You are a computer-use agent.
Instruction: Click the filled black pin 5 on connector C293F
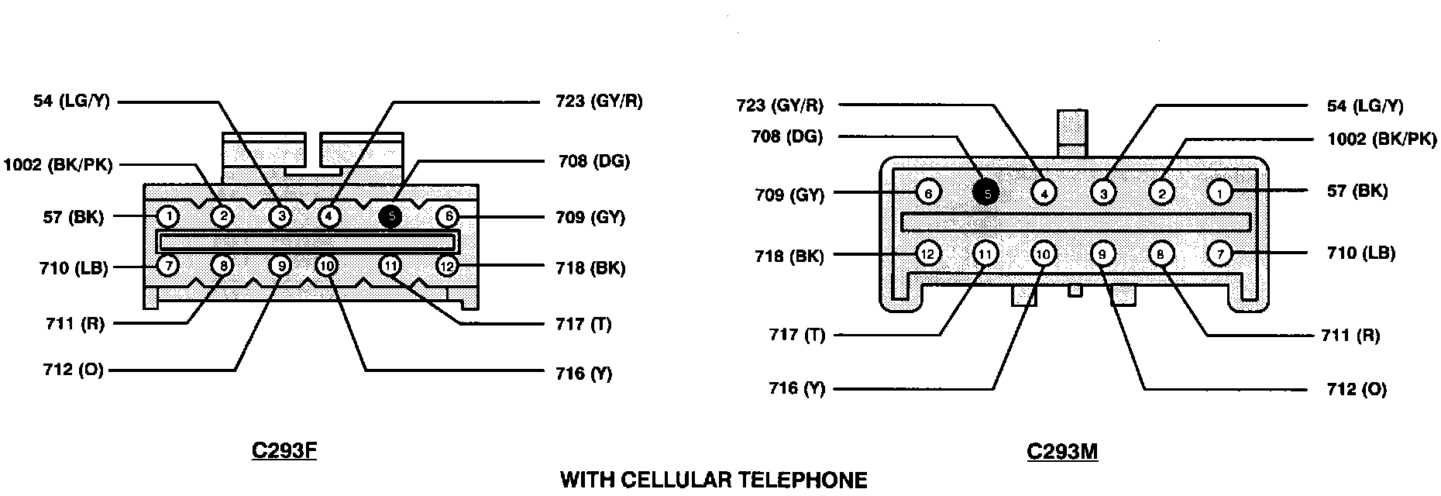click(391, 216)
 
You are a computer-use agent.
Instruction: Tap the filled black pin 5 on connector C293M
click(986, 191)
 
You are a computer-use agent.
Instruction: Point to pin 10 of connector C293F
click(327, 266)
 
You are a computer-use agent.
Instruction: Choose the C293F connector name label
click(284, 451)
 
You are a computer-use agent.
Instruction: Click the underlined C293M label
click(1062, 451)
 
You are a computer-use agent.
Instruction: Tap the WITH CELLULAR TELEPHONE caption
click(714, 480)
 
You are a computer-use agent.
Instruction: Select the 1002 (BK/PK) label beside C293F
click(58, 164)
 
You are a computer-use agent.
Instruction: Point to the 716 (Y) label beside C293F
click(583, 374)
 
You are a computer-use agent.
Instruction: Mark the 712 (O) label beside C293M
click(1357, 388)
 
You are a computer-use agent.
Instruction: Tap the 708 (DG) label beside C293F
click(593, 161)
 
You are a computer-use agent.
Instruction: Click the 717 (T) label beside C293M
click(796, 335)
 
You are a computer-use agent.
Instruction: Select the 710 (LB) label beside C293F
click(74, 268)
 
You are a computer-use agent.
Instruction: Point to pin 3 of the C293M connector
click(1102, 191)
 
